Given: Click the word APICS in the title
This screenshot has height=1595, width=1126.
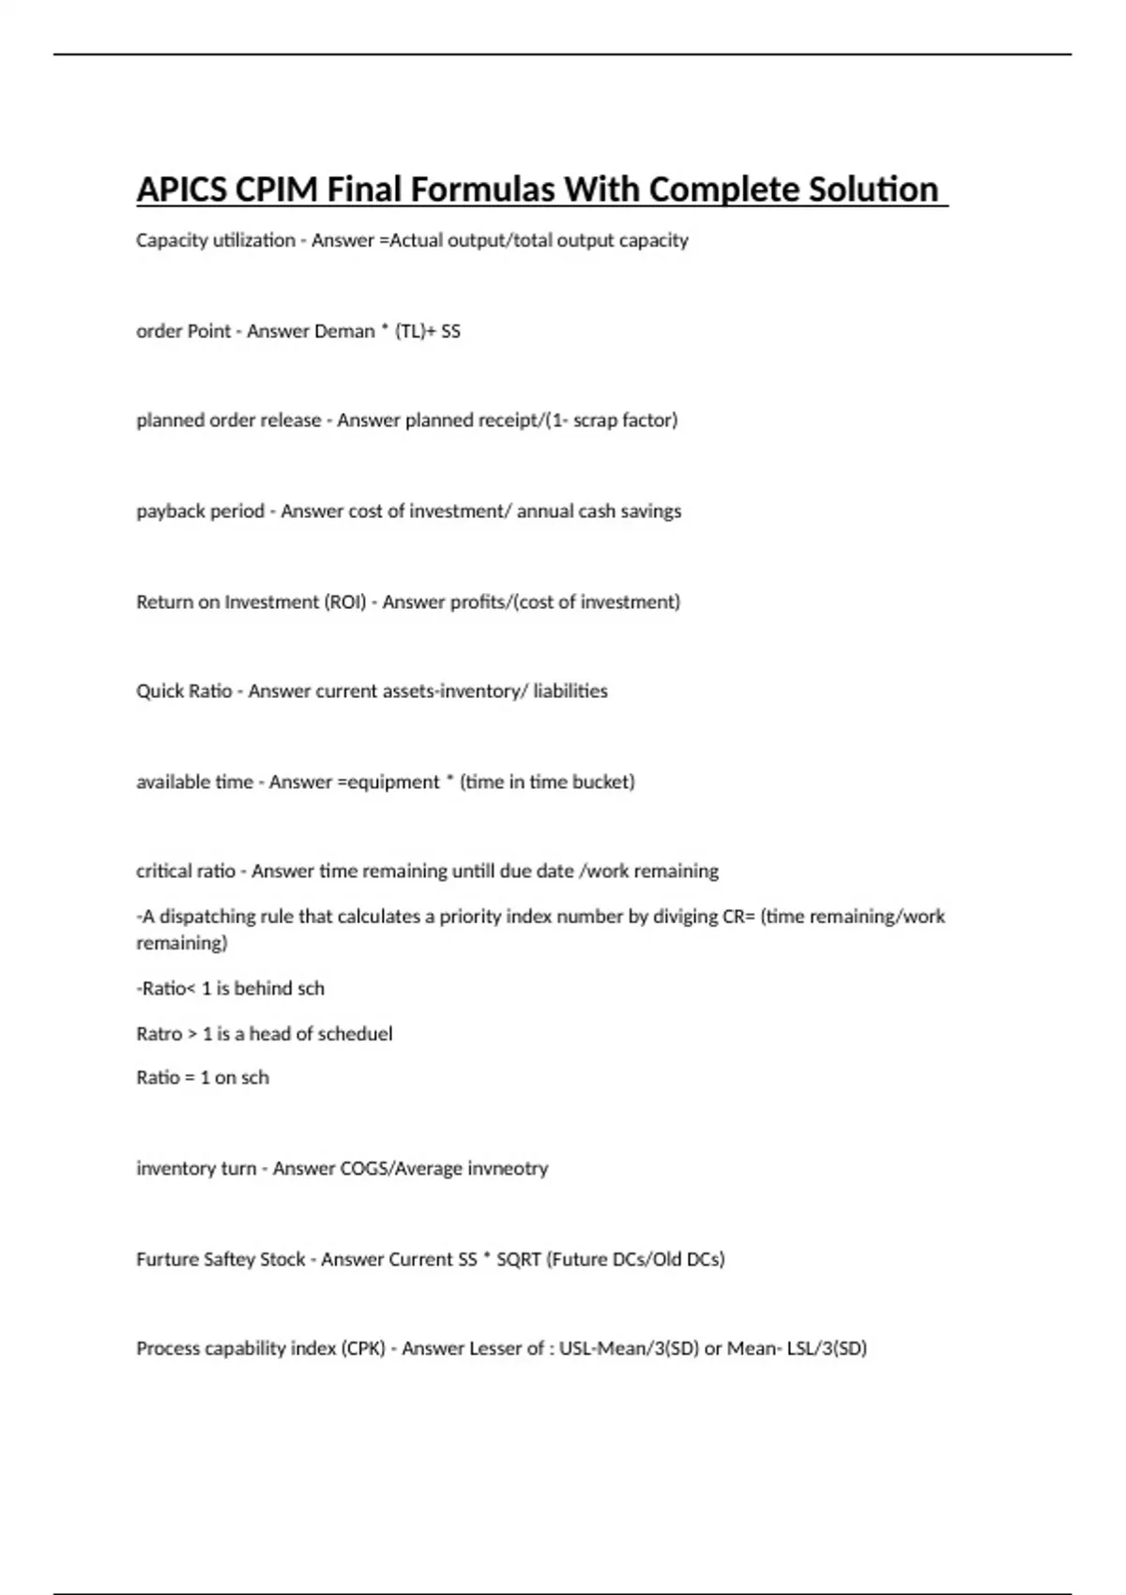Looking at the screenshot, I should click(x=181, y=190).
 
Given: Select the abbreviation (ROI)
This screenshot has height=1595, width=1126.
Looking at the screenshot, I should click(x=345, y=601).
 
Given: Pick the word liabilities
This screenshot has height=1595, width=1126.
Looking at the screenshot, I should click(x=571, y=691).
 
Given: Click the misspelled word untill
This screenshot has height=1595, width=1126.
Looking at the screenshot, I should click(x=473, y=872).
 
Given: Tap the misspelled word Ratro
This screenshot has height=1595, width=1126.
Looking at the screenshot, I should click(x=159, y=1034).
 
